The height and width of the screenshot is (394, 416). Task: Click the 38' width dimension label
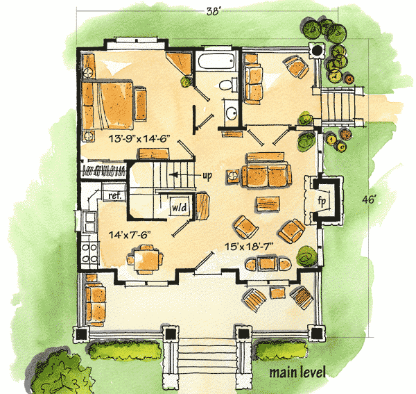click(x=213, y=11)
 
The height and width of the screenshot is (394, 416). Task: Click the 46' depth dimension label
click(x=370, y=199)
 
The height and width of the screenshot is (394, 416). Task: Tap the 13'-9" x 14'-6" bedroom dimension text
click(x=139, y=138)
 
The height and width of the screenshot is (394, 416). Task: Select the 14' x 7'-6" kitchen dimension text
click(x=130, y=234)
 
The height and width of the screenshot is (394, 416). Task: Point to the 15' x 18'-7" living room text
click(x=249, y=247)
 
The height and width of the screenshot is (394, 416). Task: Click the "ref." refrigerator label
click(x=114, y=195)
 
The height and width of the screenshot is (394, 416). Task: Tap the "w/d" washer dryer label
click(x=180, y=207)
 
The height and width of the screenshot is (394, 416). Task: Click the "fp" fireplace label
click(x=322, y=201)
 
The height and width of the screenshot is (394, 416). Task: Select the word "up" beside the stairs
click(x=207, y=176)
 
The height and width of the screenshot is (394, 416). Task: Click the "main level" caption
click(x=297, y=372)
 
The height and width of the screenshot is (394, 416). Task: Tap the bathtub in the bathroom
click(x=217, y=61)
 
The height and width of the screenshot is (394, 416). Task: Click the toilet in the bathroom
click(x=228, y=85)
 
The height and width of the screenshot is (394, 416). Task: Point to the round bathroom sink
click(x=232, y=113)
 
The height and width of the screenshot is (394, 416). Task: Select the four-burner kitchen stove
click(x=89, y=252)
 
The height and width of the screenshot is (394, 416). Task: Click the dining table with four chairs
click(x=145, y=260)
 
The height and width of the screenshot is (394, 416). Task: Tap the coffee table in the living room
click(x=268, y=204)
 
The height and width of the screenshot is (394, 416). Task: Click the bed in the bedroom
click(x=107, y=106)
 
